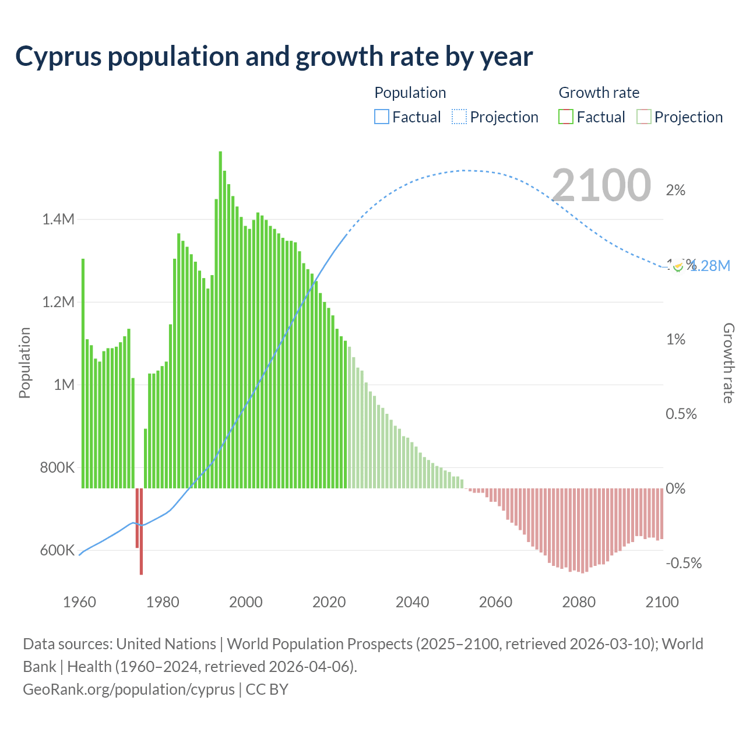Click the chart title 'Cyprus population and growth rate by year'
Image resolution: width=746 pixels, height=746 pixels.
(274, 57)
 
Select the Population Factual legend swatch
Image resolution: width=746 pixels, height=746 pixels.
(381, 117)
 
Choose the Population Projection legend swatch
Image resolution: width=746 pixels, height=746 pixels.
(459, 117)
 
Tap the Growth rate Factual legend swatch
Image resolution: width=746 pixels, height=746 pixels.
(566, 117)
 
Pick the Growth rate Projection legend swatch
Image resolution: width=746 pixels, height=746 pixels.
(643, 117)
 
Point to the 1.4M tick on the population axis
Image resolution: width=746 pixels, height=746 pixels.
(58, 220)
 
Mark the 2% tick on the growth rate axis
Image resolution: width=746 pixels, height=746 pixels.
(675, 191)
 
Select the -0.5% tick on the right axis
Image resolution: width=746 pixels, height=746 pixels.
(684, 563)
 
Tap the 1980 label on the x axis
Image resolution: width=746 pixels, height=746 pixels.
(163, 602)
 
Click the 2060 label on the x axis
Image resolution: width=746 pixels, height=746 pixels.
(495, 602)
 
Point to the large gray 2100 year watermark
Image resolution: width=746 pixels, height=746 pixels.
(601, 185)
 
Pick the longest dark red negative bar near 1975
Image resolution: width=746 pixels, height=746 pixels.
(141, 531)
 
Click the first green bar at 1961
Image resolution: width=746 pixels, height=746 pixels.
(83, 373)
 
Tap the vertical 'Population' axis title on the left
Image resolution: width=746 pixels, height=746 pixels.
(24, 363)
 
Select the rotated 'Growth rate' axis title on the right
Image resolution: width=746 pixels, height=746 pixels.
(728, 363)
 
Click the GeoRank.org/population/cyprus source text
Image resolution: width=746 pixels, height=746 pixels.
(128, 689)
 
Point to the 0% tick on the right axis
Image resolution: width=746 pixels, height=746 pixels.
(675, 488)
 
